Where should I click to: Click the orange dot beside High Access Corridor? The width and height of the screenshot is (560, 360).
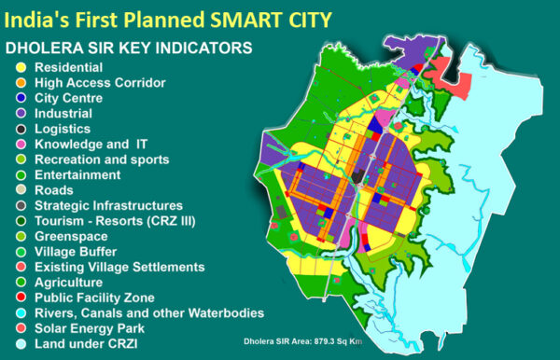pyautogui.click(x=20, y=83)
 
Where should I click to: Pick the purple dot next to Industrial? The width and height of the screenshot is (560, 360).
pyautogui.click(x=20, y=113)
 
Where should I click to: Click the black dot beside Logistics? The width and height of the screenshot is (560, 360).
pyautogui.click(x=20, y=129)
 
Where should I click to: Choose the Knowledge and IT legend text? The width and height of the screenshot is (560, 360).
pyautogui.click(x=91, y=144)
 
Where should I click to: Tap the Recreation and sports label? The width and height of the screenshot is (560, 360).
pyautogui.click(x=97, y=159)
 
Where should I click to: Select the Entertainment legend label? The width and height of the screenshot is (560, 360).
pyautogui.click(x=77, y=174)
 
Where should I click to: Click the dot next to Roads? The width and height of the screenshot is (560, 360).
pyautogui.click(x=20, y=189)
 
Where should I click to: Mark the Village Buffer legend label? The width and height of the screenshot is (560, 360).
pyautogui.click(x=76, y=251)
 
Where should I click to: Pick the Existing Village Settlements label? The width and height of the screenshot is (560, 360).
pyautogui.click(x=119, y=266)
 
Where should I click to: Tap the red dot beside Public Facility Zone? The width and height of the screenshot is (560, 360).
pyautogui.click(x=20, y=297)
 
